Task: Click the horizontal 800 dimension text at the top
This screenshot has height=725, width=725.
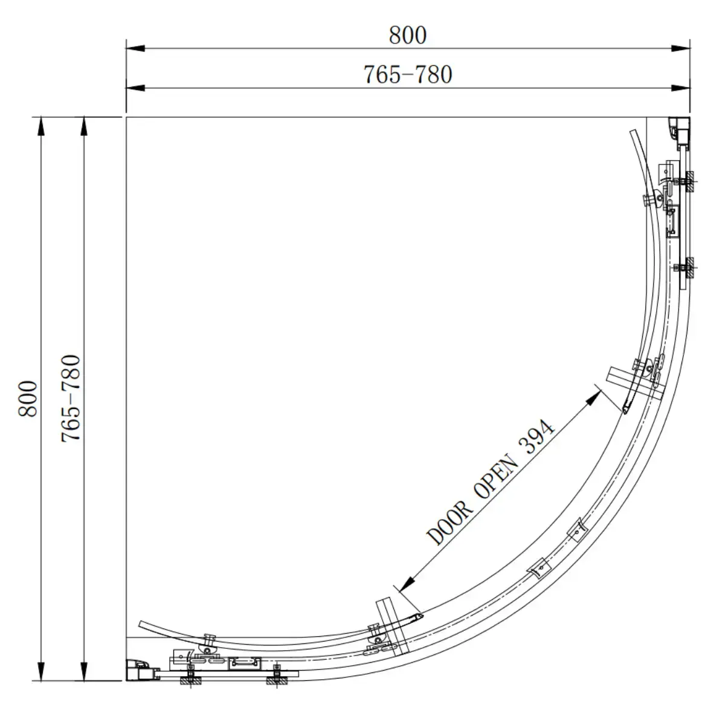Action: [x=407, y=36]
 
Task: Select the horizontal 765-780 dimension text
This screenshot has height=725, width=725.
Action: [x=407, y=74]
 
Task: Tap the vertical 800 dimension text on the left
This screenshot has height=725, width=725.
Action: [x=28, y=398]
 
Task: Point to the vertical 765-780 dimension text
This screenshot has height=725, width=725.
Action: [x=71, y=398]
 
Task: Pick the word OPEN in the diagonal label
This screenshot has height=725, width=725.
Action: [x=497, y=477]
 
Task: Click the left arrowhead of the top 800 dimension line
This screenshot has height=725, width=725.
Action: [x=135, y=48]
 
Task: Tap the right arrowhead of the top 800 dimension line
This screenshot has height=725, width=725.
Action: [x=681, y=48]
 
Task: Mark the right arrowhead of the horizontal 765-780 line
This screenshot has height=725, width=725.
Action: [x=681, y=88]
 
